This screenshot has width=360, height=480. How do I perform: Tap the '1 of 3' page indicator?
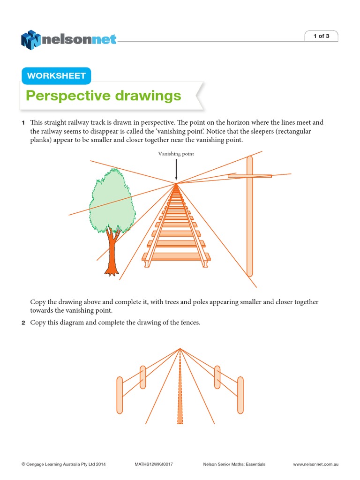tap(321, 36)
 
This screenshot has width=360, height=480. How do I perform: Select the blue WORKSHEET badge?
tap(56, 75)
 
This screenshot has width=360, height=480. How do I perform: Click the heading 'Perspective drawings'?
tap(103, 96)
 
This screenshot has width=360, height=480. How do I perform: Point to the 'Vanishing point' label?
tap(176, 154)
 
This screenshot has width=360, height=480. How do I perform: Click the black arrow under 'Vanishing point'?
tap(176, 170)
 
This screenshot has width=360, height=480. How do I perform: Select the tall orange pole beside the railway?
tap(250, 220)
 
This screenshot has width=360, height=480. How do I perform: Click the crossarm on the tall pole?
tap(250, 176)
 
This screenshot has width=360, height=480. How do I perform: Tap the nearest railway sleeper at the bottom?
tap(177, 256)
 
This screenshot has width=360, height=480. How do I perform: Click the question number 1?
tap(22, 123)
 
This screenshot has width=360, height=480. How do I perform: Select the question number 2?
tap(22, 322)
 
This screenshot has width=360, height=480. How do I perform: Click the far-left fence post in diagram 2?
tap(120, 395)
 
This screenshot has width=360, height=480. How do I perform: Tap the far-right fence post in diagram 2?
tap(240, 395)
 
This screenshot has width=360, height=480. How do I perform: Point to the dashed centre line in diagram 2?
tap(180, 389)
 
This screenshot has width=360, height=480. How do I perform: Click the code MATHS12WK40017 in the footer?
tap(154, 464)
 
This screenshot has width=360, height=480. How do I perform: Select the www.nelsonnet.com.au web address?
tap(315, 464)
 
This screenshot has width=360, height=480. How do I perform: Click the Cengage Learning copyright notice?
tap(64, 464)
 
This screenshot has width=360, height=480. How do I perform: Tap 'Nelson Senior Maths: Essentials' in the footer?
tap(234, 464)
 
